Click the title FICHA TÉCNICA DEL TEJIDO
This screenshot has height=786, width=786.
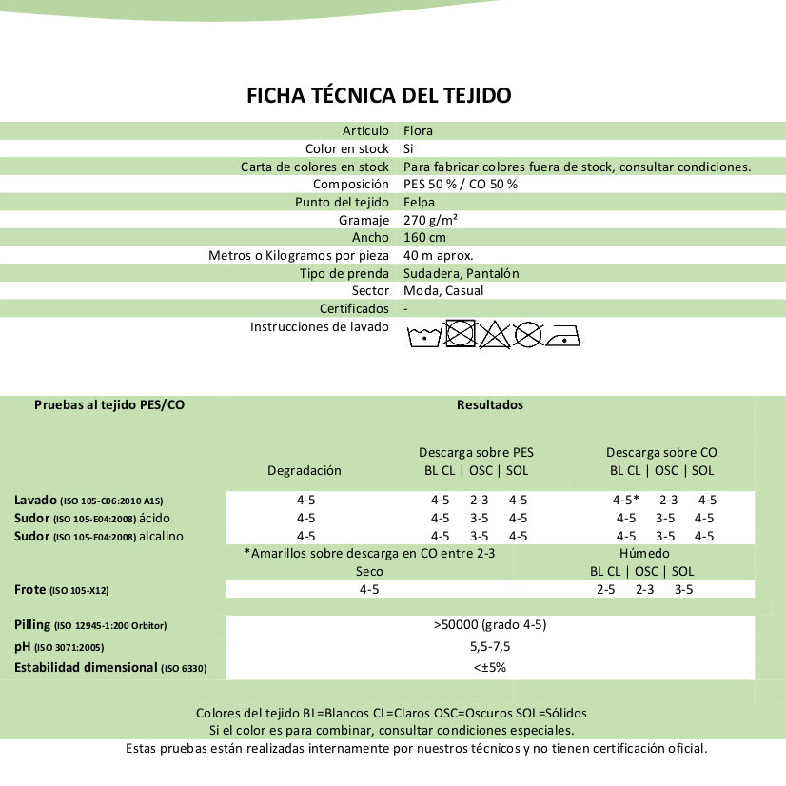[379, 95]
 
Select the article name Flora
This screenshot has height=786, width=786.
[418, 130]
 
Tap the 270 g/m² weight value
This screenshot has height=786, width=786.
[431, 220]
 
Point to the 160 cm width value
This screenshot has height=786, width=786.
[424, 237]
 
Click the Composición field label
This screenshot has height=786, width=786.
[351, 184]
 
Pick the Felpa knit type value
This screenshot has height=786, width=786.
[419, 202]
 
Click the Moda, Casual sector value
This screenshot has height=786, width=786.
[443, 290]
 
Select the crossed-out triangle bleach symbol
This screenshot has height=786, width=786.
[493, 334]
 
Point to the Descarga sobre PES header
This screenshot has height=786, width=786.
[477, 452]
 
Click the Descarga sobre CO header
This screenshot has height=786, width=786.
[661, 452]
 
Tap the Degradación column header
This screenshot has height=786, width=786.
[304, 470]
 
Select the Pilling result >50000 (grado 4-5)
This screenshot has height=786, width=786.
[489, 625]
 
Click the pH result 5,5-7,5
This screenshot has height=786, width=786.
[489, 646]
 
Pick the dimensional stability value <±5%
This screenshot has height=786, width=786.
[489, 667]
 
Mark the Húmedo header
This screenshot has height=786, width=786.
[644, 553]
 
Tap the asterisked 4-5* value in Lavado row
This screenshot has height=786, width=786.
[625, 500]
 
